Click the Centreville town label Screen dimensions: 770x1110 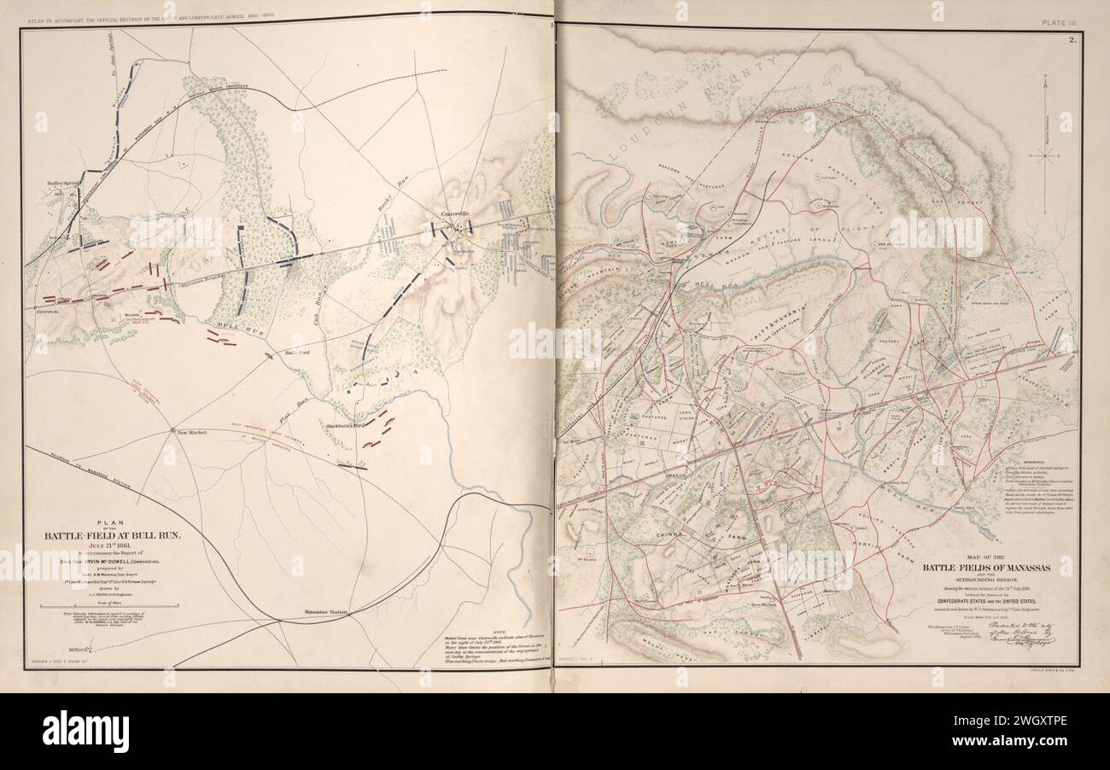(x=454, y=213)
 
